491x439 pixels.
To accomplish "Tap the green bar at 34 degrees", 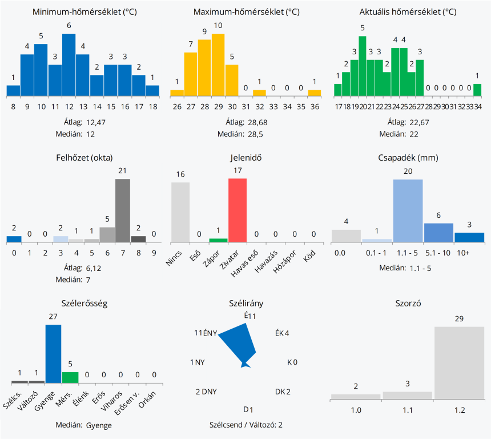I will pos(477,90).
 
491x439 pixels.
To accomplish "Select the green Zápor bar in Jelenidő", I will pos(218,240).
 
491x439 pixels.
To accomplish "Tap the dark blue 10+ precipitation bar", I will pos(469,237).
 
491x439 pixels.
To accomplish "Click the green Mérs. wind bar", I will pos(70,377).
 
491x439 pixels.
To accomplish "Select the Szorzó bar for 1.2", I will pos(460,362).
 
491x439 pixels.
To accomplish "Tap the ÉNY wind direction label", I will pos(210,333).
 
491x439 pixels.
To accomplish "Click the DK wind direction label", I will pos(280,392).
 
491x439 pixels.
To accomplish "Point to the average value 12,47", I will pos(96,122).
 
